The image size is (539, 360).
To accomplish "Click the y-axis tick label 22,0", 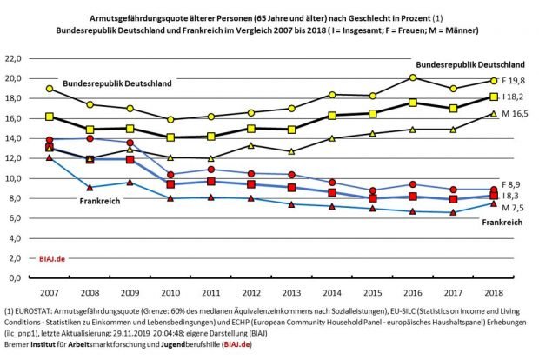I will click(x=13, y=58).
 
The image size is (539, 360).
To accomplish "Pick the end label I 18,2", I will click(x=510, y=97).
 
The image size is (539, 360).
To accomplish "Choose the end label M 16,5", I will click(x=512, y=114).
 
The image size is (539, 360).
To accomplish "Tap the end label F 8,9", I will click(x=510, y=185).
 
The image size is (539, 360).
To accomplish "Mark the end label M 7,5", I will click(x=510, y=209).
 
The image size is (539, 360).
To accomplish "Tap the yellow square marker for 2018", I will click(x=494, y=97).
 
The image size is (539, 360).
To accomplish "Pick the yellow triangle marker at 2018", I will click(x=494, y=113).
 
